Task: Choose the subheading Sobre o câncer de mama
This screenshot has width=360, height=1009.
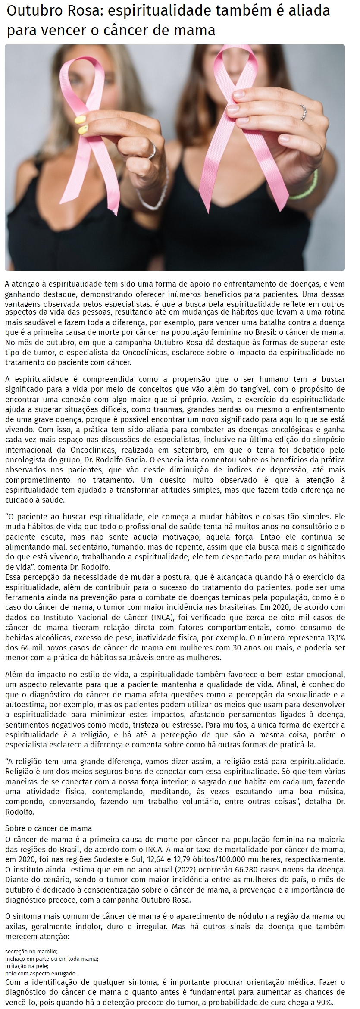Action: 48,828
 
